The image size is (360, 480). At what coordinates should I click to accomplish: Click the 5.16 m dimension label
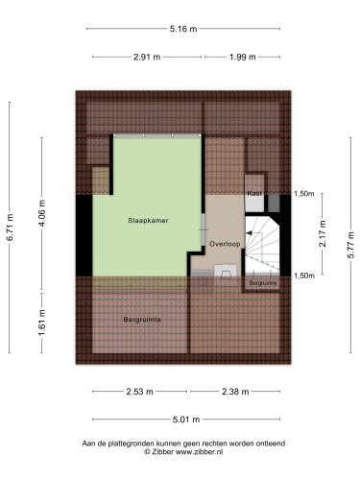pyautogui.click(x=183, y=29)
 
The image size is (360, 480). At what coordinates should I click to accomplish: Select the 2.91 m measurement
pyautogui.click(x=147, y=57)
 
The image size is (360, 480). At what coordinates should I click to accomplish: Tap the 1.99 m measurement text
pyautogui.click(x=243, y=57)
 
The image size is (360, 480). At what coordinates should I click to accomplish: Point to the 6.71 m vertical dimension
pyautogui.click(x=10, y=228)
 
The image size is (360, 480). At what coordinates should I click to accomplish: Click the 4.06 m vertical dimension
pyautogui.click(x=42, y=213)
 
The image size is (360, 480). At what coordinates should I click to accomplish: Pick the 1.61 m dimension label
pyautogui.click(x=42, y=323)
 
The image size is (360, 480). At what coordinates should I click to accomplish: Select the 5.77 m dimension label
pyautogui.click(x=351, y=245)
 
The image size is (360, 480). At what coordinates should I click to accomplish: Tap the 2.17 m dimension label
pyautogui.click(x=323, y=233)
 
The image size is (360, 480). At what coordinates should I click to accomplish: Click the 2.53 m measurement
pyautogui.click(x=139, y=392)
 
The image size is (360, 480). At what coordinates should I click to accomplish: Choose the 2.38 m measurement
pyautogui.click(x=235, y=392)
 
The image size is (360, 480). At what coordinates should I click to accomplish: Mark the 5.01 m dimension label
pyautogui.click(x=186, y=420)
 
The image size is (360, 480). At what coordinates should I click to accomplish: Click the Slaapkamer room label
pyautogui.click(x=148, y=221)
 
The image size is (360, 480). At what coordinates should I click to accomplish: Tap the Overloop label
pyautogui.click(x=225, y=244)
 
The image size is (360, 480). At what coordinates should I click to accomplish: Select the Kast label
pyautogui.click(x=254, y=193)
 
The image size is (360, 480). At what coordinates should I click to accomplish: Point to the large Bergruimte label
pyautogui.click(x=142, y=320)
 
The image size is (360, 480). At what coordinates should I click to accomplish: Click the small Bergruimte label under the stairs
pyautogui.click(x=263, y=283)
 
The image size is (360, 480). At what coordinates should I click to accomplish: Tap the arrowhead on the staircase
pyautogui.click(x=249, y=233)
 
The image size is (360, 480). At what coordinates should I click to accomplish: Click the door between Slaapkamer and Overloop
pyautogui.click(x=204, y=229)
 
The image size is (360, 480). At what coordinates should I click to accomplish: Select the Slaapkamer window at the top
pyautogui.click(x=157, y=135)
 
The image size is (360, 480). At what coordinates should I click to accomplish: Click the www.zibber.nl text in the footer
pyautogui.click(x=200, y=452)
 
